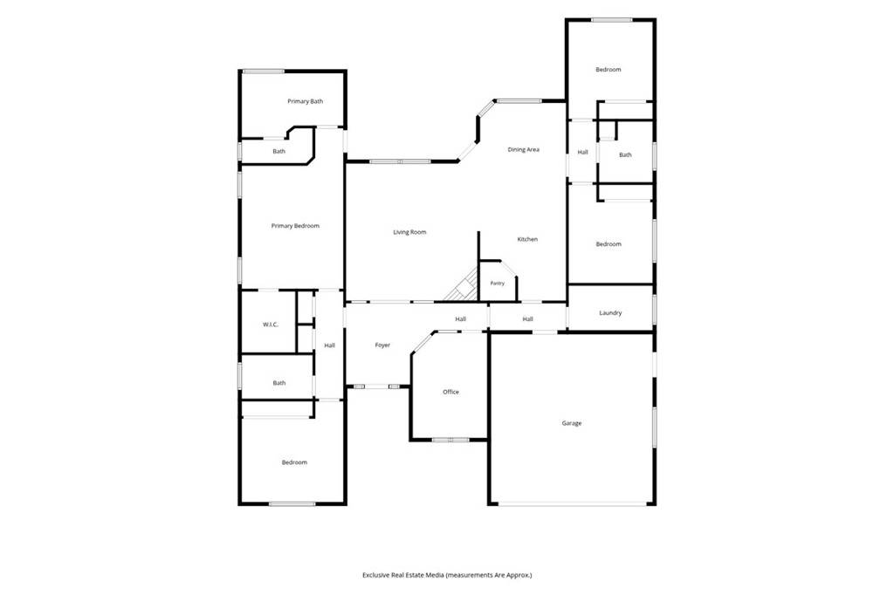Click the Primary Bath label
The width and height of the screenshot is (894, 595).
coord(305,101)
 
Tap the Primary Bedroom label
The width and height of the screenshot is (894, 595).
coord(295,226)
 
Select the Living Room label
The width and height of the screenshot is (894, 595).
coord(410,233)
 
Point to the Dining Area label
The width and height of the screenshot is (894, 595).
coord(524,150)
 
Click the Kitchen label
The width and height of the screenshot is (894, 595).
coord(527,239)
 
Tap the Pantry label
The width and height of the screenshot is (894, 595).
coord(497,284)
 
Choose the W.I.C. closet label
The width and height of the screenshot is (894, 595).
coord(271,325)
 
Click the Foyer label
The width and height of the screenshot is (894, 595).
coord(382,345)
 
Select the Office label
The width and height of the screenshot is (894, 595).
coord(451,392)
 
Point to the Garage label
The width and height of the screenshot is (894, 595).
coord(572,423)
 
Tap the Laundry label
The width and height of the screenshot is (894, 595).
coord(610,313)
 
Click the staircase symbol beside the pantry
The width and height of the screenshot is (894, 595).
coord(462,285)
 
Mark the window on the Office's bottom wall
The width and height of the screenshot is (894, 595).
coord(450,440)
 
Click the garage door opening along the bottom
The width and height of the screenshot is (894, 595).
coord(573,503)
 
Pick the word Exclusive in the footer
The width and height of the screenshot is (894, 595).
coord(375,576)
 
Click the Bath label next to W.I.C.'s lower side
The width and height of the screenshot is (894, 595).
coord(279,384)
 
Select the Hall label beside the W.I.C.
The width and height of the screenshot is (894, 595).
coord(329,346)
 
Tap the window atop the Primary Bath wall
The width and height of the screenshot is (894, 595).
coord(264,72)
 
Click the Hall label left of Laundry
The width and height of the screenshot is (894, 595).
coord(528,319)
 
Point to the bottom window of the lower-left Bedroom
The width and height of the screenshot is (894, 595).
coord(292,503)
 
